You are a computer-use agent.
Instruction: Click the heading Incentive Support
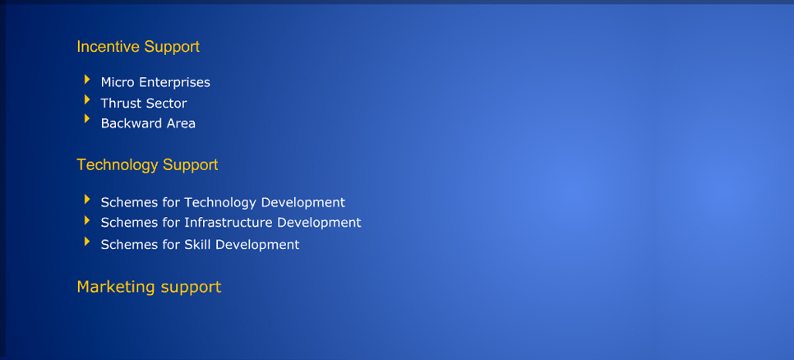(x=138, y=47)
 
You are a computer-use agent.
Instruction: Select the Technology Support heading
(x=147, y=165)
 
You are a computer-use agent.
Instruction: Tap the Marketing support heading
(x=149, y=287)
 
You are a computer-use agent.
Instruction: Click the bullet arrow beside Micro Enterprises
(x=87, y=80)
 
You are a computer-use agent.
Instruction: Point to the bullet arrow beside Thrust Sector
(x=87, y=99)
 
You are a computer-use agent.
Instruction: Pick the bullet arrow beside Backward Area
(x=87, y=119)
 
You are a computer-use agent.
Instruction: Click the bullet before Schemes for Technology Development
(x=87, y=200)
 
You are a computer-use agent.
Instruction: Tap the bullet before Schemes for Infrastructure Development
(x=87, y=220)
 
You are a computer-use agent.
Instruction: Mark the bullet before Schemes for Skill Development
(x=87, y=242)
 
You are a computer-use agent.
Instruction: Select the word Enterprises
(x=175, y=82)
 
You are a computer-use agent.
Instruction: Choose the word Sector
(x=167, y=104)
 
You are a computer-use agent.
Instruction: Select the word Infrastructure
(x=229, y=222)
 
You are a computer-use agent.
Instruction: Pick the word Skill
(x=197, y=245)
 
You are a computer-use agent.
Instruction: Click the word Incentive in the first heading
(x=108, y=47)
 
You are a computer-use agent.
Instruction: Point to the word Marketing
(x=116, y=287)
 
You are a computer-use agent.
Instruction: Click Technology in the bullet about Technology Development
(x=220, y=202)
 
